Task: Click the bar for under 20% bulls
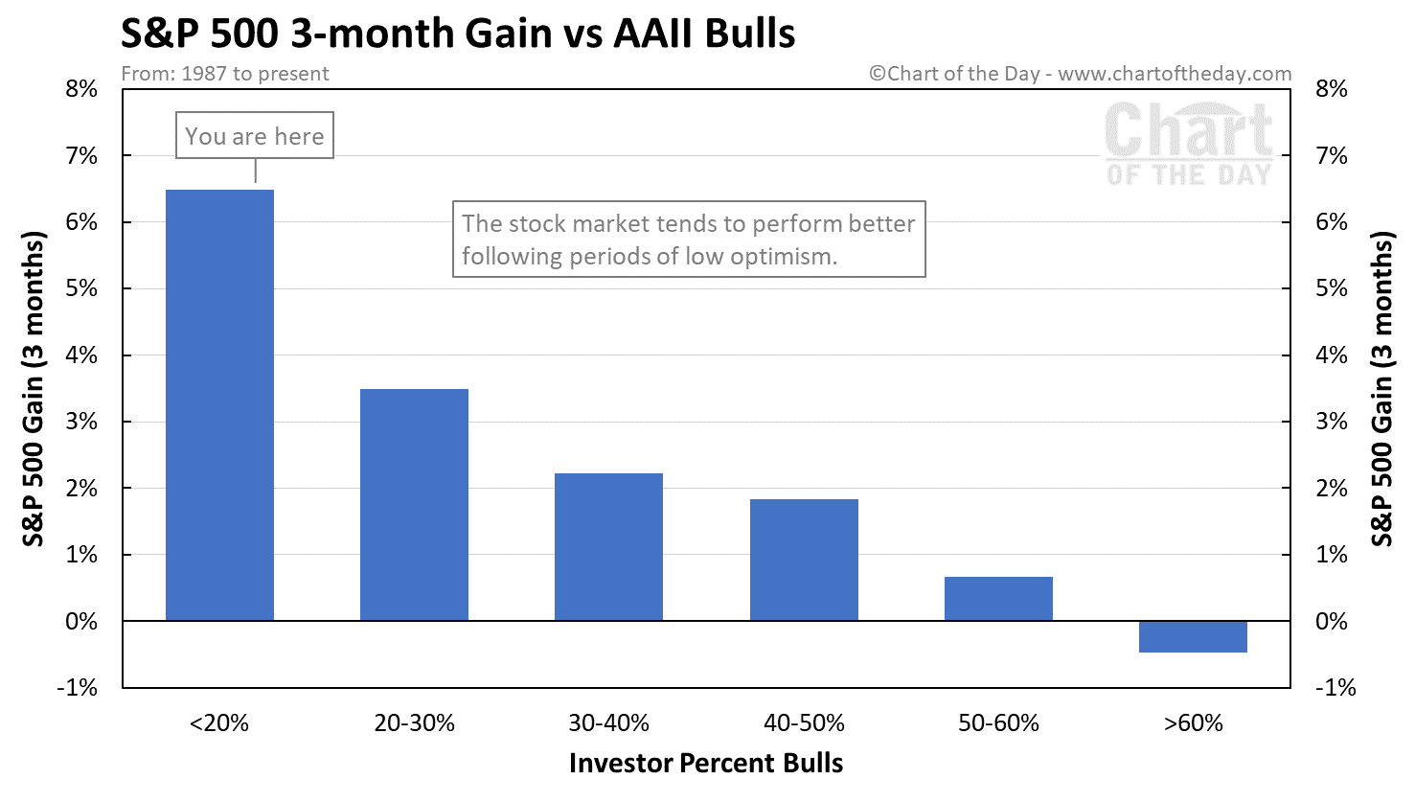pos(219,405)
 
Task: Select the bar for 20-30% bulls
pos(414,505)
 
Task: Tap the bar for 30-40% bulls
pos(608,547)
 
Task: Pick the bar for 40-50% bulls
pos(804,560)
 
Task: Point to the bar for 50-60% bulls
pos(998,599)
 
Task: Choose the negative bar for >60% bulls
pos(1193,637)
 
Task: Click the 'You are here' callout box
pos(255,136)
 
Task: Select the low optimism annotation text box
pos(688,239)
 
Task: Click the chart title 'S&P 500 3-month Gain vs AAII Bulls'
pos(458,34)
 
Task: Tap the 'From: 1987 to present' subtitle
pos(225,74)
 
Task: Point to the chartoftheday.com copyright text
pos(1080,74)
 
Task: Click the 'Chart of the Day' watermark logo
pos(1189,144)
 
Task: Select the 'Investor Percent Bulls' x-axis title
pos(706,764)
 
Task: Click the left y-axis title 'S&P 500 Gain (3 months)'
pos(34,388)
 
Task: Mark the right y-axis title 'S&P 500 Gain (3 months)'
pos(1381,388)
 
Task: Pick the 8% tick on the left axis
pos(81,89)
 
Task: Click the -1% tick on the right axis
pos(1335,688)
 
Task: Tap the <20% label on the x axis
pos(219,723)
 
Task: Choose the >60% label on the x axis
pos(1193,723)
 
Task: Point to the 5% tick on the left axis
pos(81,288)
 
